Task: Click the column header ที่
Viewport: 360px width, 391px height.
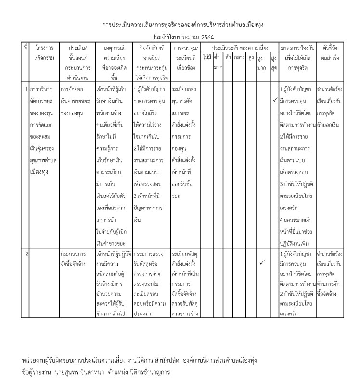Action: [x=26, y=49]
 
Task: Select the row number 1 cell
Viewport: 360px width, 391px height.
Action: [x=26, y=90]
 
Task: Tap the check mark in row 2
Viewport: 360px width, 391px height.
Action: [x=262, y=263]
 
